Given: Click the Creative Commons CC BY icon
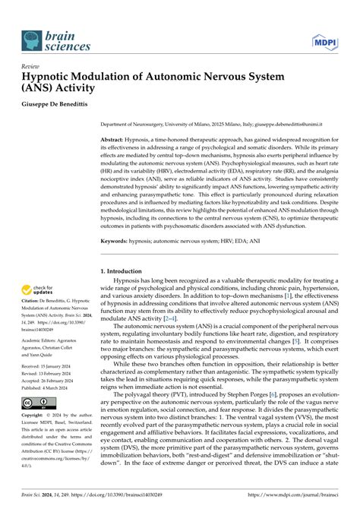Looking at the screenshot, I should [36, 423].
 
